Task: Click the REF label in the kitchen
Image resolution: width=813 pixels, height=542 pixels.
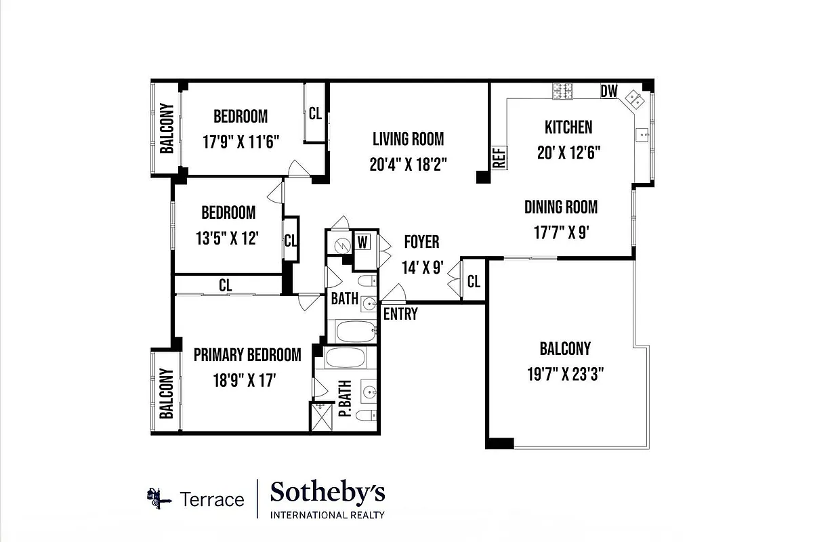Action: [x=499, y=158]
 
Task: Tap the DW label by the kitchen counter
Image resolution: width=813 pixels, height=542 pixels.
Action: [x=609, y=91]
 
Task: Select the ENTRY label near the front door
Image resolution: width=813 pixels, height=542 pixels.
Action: [x=400, y=314]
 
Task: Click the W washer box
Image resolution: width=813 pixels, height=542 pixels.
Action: [x=363, y=241]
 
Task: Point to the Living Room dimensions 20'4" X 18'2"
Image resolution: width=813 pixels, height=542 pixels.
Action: [x=408, y=163]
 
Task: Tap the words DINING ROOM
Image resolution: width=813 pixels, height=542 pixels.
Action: [x=561, y=207]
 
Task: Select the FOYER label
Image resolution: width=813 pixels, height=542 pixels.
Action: [x=421, y=242]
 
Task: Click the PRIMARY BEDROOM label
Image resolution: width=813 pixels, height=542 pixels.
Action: [x=247, y=355]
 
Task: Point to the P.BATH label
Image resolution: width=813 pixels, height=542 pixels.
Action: [x=344, y=401]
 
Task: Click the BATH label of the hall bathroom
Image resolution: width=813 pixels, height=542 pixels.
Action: [x=344, y=298]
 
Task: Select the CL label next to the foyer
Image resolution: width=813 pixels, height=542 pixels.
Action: [x=474, y=280]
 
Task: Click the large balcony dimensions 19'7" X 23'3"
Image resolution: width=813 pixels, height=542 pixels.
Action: [x=565, y=373]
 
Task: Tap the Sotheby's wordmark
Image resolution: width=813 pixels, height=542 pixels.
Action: [x=327, y=493]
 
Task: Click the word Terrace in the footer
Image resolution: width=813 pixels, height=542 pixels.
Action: [x=212, y=500]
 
